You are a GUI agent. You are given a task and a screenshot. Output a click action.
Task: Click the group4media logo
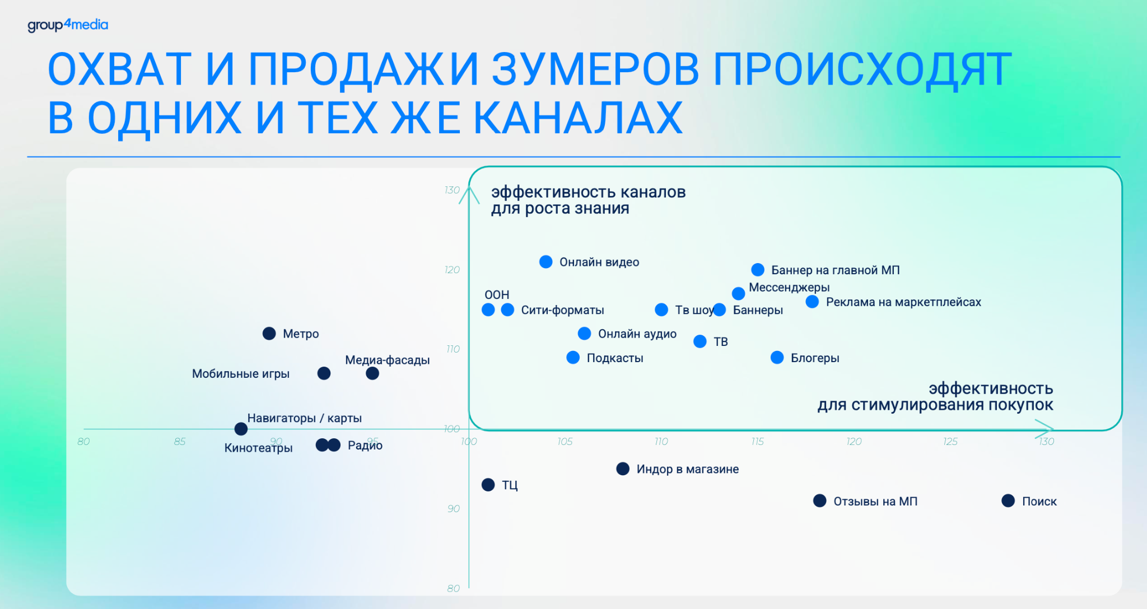[68, 25]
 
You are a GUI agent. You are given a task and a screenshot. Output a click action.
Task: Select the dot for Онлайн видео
[546, 262]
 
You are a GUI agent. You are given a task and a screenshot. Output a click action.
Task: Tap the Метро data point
[269, 334]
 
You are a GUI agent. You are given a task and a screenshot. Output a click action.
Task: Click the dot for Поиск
[1008, 501]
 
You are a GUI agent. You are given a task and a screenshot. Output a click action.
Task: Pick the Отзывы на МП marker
[820, 501]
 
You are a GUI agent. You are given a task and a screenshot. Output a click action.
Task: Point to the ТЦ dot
[488, 485]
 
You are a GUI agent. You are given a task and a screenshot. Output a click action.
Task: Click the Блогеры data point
[777, 358]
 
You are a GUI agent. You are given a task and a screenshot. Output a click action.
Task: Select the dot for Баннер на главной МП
[758, 270]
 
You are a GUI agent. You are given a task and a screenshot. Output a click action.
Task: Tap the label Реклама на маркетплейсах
[903, 302]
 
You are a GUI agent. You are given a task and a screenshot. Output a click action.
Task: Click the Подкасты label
[615, 358]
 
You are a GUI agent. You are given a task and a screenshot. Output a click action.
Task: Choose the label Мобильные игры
[241, 374]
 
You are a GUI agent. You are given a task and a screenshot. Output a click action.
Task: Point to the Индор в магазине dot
[623, 469]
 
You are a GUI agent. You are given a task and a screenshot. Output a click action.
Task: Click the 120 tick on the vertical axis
[452, 270]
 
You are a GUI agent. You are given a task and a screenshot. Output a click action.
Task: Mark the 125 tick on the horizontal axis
[950, 442]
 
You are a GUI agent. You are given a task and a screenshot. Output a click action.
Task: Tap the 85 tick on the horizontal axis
[180, 442]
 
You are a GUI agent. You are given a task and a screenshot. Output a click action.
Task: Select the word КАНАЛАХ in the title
[578, 118]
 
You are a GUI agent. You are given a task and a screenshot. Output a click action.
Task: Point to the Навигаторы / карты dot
[241, 429]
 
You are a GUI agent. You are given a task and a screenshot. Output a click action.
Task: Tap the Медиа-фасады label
[388, 360]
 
